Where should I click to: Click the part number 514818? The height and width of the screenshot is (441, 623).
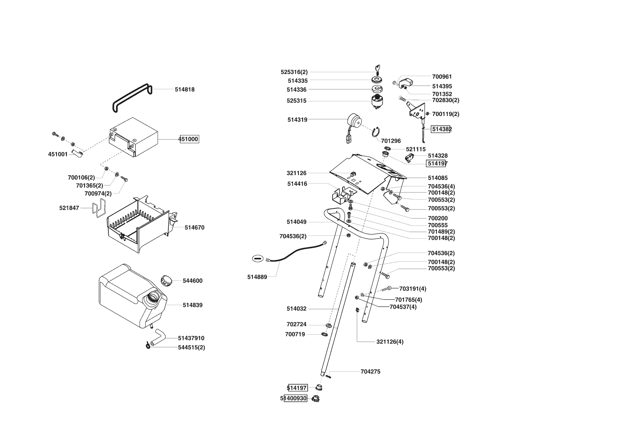[x=184, y=90]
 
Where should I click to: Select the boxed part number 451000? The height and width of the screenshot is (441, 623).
[x=189, y=139]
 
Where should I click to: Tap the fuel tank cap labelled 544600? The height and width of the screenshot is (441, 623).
[x=167, y=280]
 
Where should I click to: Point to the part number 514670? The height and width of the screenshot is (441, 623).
[x=194, y=228]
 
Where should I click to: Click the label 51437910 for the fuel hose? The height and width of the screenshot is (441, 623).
[x=191, y=338]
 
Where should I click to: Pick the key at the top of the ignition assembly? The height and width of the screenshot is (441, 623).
[x=378, y=69]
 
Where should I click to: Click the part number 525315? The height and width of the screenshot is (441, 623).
[x=296, y=101]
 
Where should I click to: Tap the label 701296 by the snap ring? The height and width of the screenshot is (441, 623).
[x=391, y=141]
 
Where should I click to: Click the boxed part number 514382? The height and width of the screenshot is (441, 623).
[x=441, y=129]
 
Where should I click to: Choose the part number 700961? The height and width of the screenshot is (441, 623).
[x=442, y=76]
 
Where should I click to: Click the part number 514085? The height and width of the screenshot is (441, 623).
[x=438, y=178]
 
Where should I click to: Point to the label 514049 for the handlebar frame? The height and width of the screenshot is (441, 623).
[x=296, y=222]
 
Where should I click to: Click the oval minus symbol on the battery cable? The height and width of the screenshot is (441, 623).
[x=258, y=258]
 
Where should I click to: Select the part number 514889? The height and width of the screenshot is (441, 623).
[x=257, y=277]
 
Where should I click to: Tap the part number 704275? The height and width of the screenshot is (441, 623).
[x=370, y=372]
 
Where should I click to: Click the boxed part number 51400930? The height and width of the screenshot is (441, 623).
[x=295, y=399]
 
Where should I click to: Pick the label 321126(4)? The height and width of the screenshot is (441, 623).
[x=390, y=342]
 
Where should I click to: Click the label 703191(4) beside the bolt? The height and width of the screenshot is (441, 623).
[x=412, y=289]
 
